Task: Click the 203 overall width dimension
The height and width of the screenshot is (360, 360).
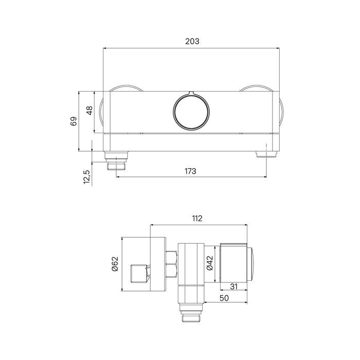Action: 192,41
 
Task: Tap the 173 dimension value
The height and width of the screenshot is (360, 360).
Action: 190,171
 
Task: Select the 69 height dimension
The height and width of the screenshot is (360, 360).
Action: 74,121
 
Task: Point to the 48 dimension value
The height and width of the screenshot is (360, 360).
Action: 89,111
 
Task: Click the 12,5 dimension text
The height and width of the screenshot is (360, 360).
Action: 87,177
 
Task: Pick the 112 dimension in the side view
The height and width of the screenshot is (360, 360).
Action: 197,219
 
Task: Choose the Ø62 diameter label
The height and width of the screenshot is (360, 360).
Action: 115,264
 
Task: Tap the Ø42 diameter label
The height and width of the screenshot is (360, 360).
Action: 210,263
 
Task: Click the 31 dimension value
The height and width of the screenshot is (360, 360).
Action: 233,286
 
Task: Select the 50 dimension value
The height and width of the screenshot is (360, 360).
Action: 224,298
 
